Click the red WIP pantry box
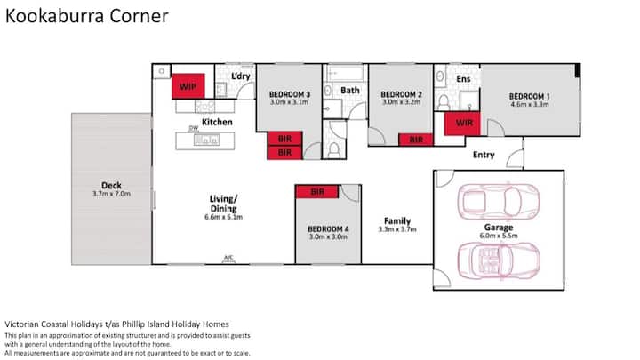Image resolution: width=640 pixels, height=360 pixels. click(x=188, y=86)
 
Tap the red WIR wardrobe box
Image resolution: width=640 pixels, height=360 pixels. click(x=462, y=124)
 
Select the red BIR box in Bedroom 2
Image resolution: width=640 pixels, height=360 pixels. click(x=415, y=140)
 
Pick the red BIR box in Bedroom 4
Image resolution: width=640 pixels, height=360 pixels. click(x=317, y=191)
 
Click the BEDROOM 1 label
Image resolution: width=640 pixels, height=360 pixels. click(x=530, y=97)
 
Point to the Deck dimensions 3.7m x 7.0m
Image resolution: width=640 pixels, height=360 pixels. click(x=111, y=194)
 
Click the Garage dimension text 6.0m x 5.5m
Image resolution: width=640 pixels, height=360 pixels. click(x=499, y=236)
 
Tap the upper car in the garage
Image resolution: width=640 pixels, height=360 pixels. click(x=499, y=201)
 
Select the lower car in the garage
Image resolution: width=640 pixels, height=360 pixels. click(x=499, y=260)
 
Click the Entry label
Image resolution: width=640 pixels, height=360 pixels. click(x=484, y=155)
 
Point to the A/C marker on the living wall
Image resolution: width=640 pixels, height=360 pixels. click(x=228, y=258)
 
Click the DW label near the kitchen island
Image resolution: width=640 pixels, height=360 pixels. click(x=194, y=128)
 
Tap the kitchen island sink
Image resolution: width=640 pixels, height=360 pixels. click(x=206, y=140)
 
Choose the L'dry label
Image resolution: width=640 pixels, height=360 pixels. click(x=241, y=76)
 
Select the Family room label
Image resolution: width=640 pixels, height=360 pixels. click(x=397, y=220)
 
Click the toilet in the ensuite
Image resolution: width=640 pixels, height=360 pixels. click(x=444, y=102)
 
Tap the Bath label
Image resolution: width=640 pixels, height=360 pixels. click(x=350, y=90)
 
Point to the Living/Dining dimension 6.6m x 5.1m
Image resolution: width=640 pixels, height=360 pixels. click(x=224, y=217)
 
